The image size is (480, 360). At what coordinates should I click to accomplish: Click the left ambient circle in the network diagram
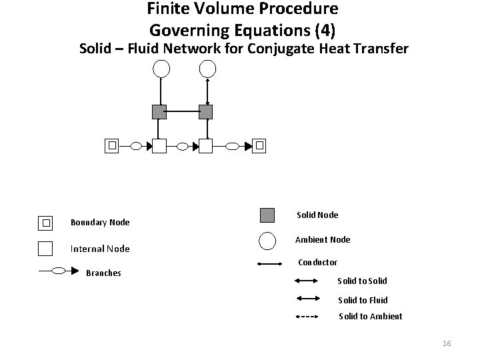pyautogui.click(x=161, y=68)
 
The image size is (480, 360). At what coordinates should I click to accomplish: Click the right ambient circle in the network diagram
pyautogui.click(x=207, y=68)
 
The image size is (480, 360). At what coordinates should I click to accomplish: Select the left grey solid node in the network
pyautogui.click(x=159, y=111)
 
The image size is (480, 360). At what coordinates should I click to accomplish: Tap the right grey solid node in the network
pyautogui.click(x=205, y=111)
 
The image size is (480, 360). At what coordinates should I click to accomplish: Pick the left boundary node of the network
pyautogui.click(x=113, y=145)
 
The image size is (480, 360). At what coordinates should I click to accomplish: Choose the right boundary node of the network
pyautogui.click(x=259, y=145)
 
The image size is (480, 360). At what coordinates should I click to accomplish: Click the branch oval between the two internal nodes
pyautogui.click(x=183, y=145)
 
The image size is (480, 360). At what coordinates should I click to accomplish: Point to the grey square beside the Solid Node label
pyautogui.click(x=267, y=215)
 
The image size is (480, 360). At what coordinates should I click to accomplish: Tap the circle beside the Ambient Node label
pyautogui.click(x=267, y=240)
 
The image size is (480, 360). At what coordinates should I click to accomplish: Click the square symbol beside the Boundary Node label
pyautogui.click(x=45, y=222)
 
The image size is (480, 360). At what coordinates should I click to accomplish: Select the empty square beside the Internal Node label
pyautogui.click(x=45, y=248)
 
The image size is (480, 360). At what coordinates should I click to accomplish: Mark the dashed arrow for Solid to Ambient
pyautogui.click(x=308, y=316)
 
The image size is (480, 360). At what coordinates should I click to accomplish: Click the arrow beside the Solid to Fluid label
pyautogui.click(x=308, y=298)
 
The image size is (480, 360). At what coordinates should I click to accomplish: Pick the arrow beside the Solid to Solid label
pyautogui.click(x=308, y=281)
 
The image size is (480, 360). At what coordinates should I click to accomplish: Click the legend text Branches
pyautogui.click(x=103, y=273)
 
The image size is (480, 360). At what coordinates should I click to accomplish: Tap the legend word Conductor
pyautogui.click(x=317, y=263)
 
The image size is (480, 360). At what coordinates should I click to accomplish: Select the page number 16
pyautogui.click(x=447, y=343)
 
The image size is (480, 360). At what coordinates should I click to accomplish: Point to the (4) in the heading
pyautogui.click(x=325, y=30)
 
